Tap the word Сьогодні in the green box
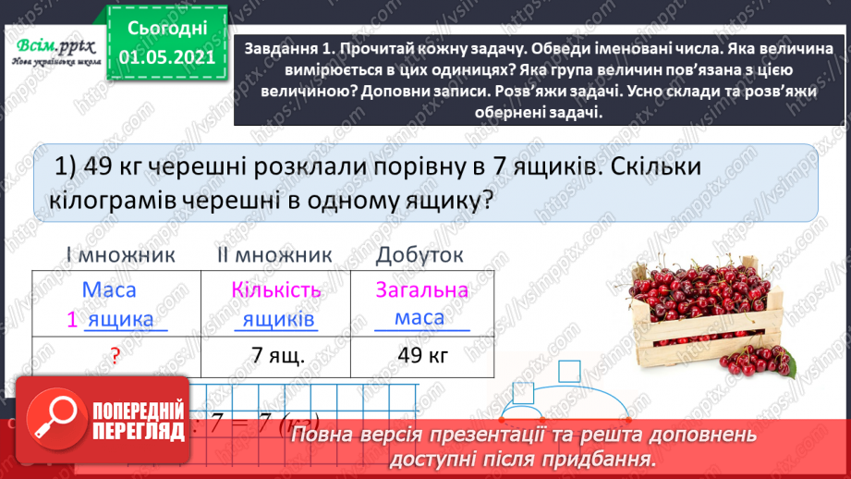pos(167,29)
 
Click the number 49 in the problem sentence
pos(96,167)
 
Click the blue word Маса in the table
pos(109,289)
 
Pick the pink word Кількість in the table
pos(276,289)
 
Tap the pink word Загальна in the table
pos(422,289)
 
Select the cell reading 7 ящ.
pos(277,355)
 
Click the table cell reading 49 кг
pos(421,355)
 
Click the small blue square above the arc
pos(570,372)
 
